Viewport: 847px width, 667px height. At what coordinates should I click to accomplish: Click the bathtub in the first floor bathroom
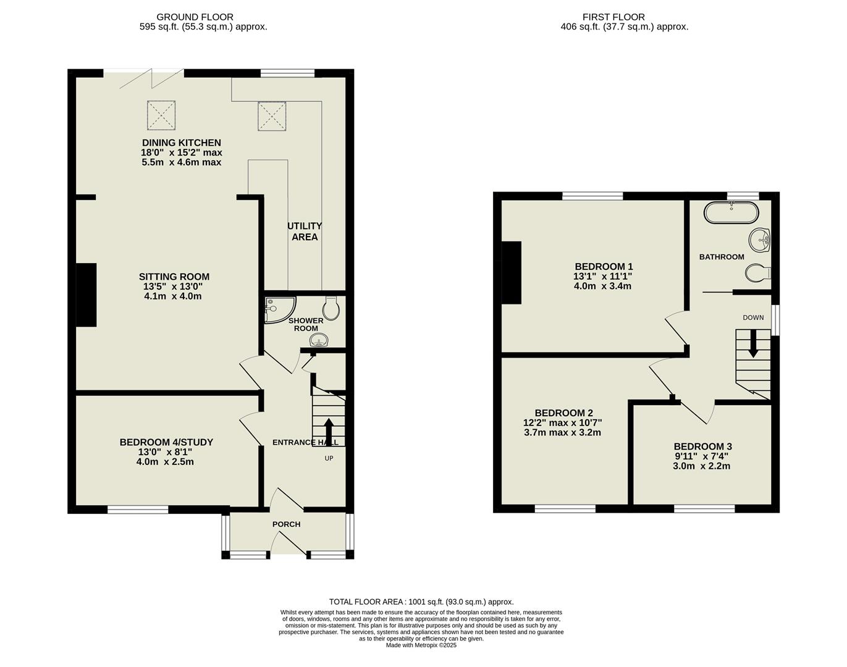click(x=731, y=212)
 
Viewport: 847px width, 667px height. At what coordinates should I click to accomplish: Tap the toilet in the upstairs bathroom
click(x=757, y=272)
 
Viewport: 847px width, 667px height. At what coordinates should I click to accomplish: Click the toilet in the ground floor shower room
click(x=331, y=308)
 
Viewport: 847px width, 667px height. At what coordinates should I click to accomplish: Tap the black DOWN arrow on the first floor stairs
click(x=752, y=343)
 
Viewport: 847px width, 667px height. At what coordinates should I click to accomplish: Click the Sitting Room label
click(x=174, y=277)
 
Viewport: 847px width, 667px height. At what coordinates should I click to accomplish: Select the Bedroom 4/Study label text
click(x=166, y=442)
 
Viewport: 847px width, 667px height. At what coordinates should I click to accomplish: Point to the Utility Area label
click(x=305, y=232)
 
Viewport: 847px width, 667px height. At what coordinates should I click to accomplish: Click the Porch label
click(x=286, y=524)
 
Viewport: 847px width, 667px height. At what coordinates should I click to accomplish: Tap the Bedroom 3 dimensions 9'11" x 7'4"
click(x=702, y=456)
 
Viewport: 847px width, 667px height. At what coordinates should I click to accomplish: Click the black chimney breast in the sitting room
click(x=86, y=295)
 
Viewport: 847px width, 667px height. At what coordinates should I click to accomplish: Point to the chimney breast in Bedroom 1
click(x=512, y=272)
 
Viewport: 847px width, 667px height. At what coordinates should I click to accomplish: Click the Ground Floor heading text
click(x=195, y=17)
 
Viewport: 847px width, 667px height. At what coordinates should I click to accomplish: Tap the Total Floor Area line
click(x=421, y=602)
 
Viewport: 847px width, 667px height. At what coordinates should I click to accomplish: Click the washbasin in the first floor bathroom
click(x=759, y=239)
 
